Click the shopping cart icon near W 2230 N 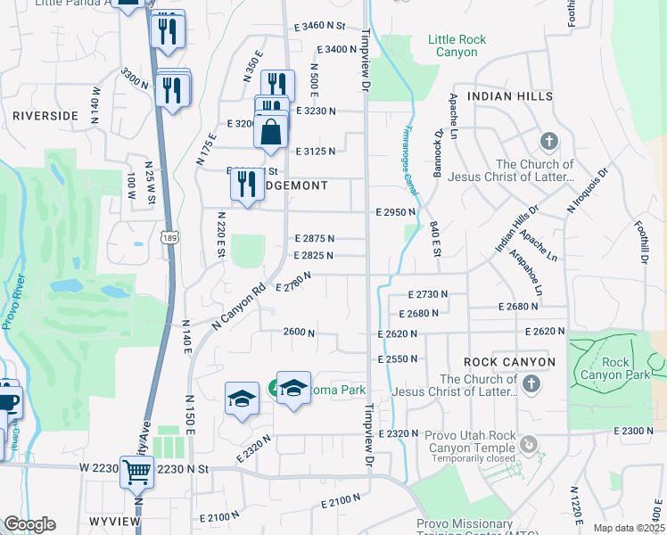point(136,472)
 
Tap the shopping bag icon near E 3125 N point(271,132)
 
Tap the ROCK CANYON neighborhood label point(509,361)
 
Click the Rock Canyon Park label point(614,368)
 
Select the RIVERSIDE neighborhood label point(45,116)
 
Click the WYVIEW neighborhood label point(116,520)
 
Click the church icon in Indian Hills point(548,142)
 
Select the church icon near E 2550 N point(531,383)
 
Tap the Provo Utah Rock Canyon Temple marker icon point(530,443)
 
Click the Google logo point(29,524)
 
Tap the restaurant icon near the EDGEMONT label point(243,183)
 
